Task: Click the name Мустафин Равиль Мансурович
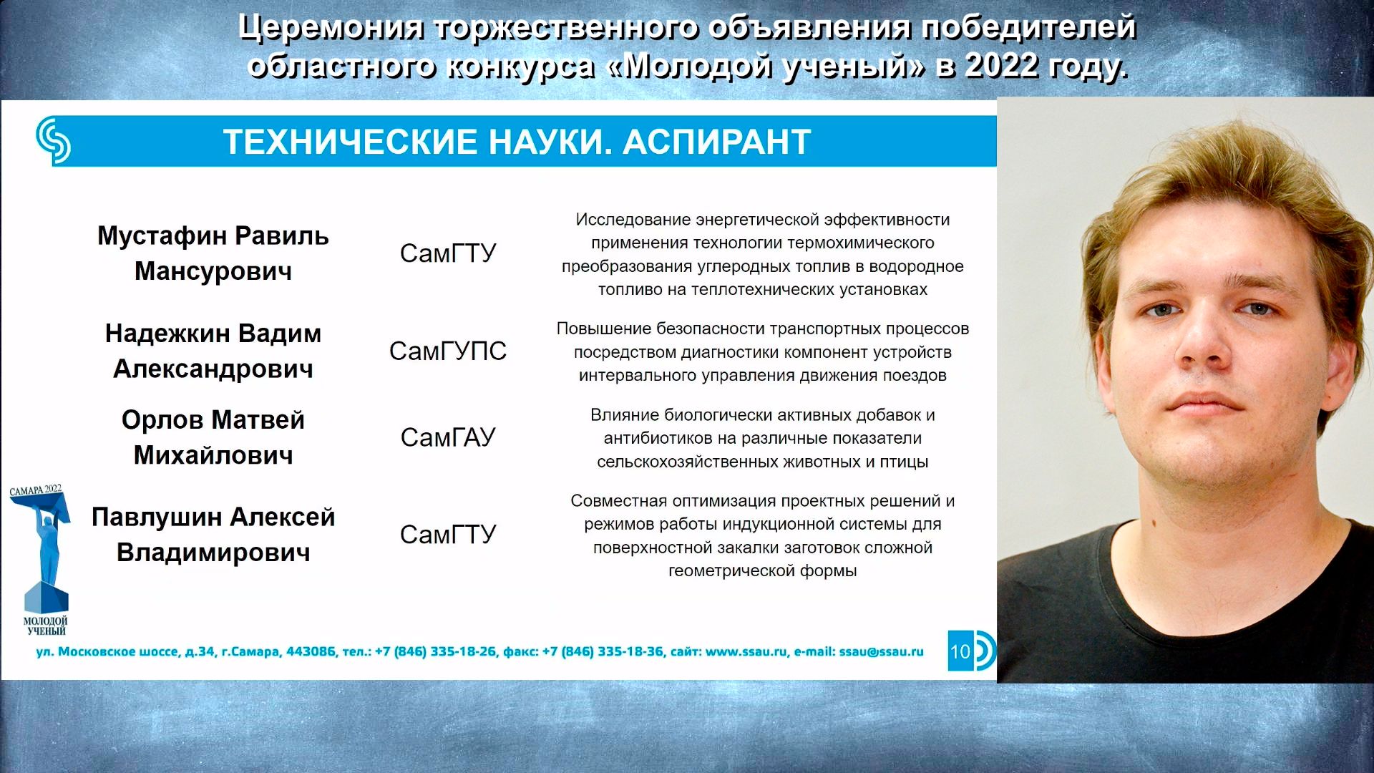click(x=213, y=253)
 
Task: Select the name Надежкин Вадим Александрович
click(x=213, y=351)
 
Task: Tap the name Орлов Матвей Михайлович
click(x=213, y=437)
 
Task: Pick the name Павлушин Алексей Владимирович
click(x=213, y=535)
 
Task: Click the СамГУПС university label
click(x=448, y=351)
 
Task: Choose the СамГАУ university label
click(x=448, y=437)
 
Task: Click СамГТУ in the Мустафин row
click(x=448, y=253)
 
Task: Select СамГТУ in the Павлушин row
click(x=448, y=535)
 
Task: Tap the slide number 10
click(x=960, y=651)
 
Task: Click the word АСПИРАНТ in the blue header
click(x=717, y=142)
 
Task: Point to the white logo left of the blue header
click(x=54, y=141)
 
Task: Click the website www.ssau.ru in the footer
click(x=746, y=651)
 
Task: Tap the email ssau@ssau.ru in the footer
click(x=881, y=651)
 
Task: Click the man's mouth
click(x=1205, y=404)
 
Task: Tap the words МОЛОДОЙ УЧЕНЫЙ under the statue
click(x=46, y=626)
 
